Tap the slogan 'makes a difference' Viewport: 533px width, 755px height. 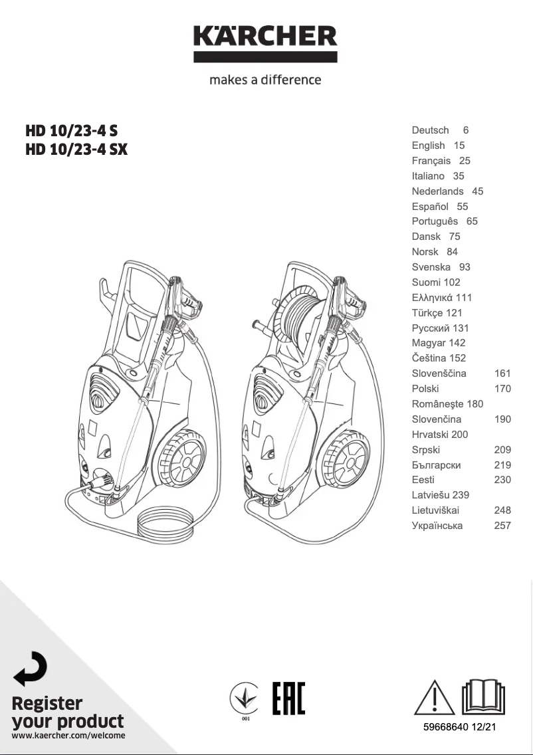[265, 80]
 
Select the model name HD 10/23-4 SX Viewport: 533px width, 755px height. [76, 150]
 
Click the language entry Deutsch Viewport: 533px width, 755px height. [430, 130]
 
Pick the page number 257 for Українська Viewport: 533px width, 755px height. [502, 526]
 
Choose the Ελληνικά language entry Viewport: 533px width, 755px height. [432, 298]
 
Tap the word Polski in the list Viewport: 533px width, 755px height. [425, 389]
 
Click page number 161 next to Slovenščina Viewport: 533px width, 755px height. [502, 374]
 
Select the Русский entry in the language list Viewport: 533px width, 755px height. [431, 328]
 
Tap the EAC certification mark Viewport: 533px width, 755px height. [288, 698]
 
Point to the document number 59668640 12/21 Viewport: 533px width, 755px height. [459, 727]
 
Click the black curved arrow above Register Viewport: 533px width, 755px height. [31, 669]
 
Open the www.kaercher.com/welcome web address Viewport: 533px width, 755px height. [68, 736]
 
